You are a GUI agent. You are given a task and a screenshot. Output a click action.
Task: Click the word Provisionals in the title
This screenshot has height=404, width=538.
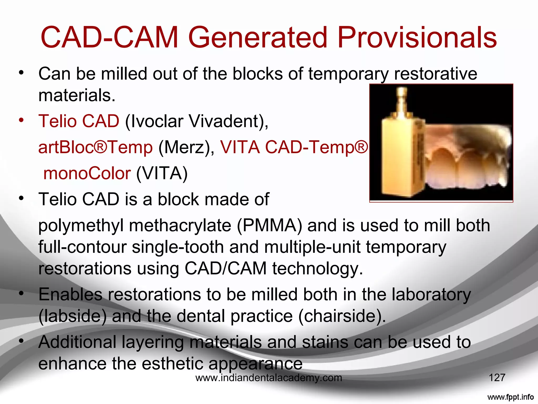coord(417,37)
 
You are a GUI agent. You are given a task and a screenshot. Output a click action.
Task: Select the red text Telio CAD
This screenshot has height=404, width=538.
coord(79,121)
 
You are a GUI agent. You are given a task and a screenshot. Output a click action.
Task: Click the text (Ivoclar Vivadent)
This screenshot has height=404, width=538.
coord(196,121)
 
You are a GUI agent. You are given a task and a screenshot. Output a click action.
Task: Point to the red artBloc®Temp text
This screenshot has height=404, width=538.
coord(95,147)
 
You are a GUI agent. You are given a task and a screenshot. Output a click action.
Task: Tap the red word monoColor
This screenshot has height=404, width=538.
coord(87,173)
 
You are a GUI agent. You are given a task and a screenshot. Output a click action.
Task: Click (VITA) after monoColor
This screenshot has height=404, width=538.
coord(162,173)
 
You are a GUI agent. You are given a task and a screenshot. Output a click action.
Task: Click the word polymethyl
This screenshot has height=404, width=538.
coord(81,226)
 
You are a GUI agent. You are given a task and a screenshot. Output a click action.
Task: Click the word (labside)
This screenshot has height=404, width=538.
coord(73,316)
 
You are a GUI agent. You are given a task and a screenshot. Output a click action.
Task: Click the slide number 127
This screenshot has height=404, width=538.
coord(497,378)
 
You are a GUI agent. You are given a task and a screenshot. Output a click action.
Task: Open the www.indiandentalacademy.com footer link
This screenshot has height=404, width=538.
coord(269,378)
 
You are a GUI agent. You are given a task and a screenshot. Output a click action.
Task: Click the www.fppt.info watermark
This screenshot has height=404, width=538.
coord(510,397)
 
